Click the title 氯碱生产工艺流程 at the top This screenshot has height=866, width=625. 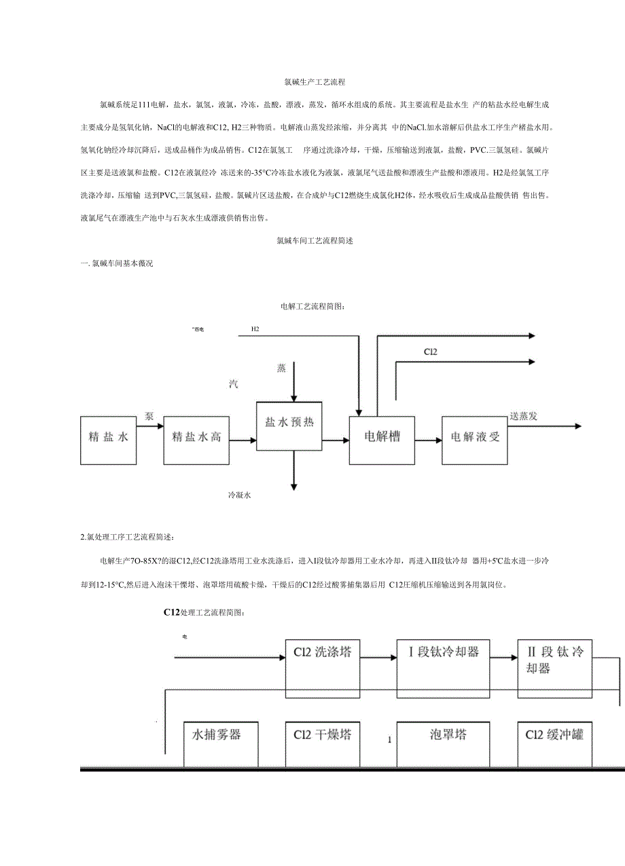[x=315, y=82]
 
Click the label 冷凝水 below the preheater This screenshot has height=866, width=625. [x=240, y=496]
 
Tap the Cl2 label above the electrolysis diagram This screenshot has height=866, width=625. [x=430, y=352]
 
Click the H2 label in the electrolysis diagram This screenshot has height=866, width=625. [x=255, y=329]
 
